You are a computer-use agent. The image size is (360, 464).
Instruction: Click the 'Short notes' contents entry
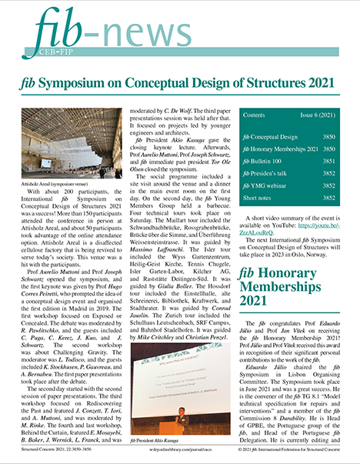coord(258,198)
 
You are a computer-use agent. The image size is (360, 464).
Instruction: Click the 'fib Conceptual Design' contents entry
coord(269,136)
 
